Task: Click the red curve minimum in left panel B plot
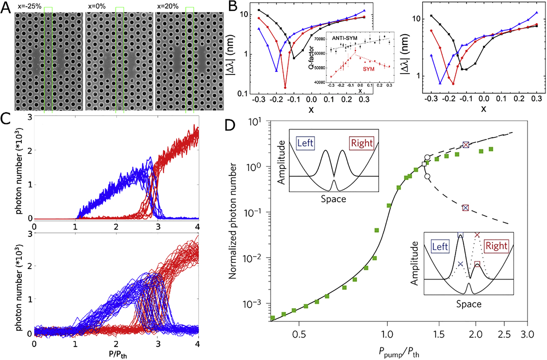pos(285,88)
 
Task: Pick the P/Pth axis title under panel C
pos(117,353)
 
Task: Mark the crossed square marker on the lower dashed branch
pos(465,208)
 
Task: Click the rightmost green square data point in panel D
pos(491,149)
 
